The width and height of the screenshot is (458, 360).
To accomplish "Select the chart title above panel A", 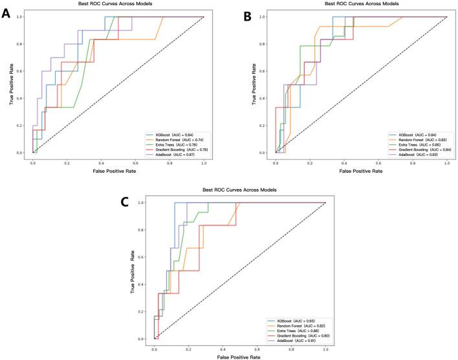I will point(118,4).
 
